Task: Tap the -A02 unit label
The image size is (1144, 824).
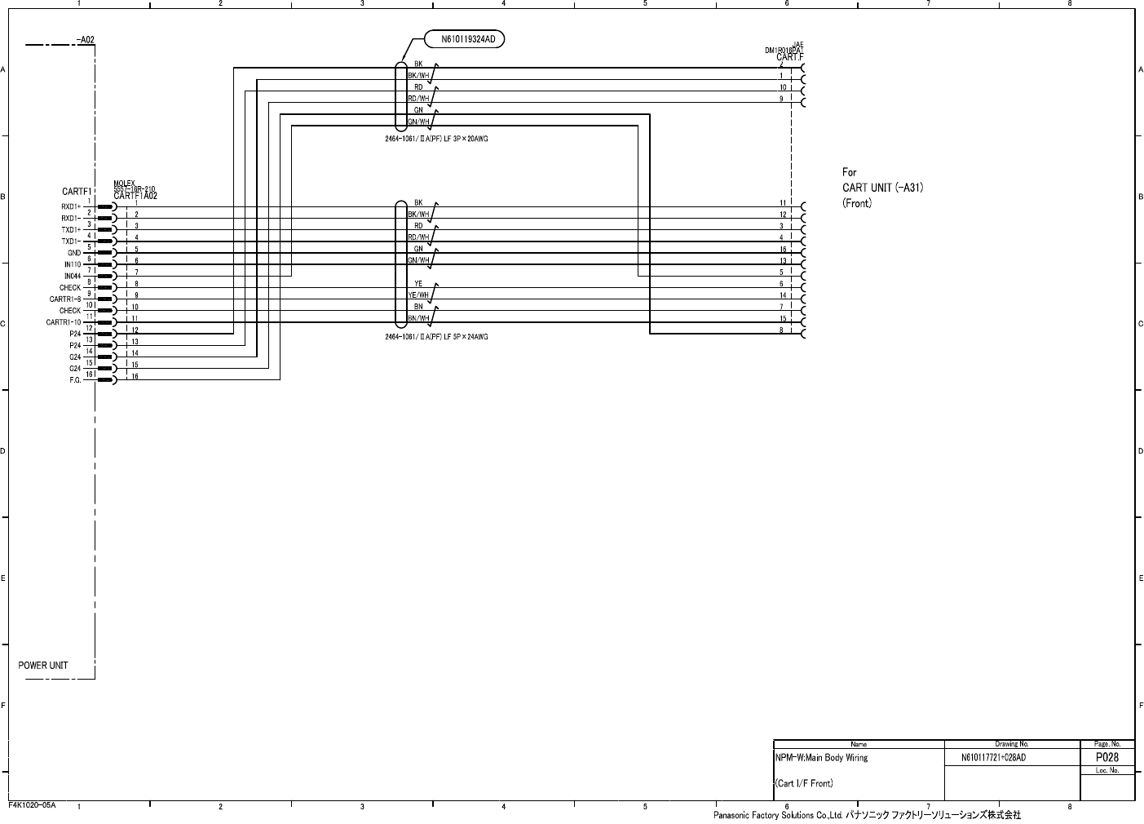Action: (86, 39)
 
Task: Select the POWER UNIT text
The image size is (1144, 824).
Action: (43, 666)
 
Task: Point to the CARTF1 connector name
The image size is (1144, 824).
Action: (76, 193)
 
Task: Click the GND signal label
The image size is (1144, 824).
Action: (74, 253)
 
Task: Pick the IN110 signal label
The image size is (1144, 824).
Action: (73, 264)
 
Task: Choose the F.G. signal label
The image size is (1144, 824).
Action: (74, 380)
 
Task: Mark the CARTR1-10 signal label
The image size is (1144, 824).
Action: (64, 322)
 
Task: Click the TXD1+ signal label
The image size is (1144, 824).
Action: (71, 230)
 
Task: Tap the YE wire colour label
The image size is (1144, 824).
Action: (418, 283)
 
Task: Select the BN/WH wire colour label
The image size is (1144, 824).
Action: (418, 318)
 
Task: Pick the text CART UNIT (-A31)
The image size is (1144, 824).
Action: (882, 188)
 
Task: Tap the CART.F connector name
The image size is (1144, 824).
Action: (789, 57)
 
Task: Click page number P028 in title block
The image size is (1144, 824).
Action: (1106, 757)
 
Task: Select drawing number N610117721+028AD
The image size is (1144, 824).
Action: (993, 758)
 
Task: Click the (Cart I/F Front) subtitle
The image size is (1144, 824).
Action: (804, 784)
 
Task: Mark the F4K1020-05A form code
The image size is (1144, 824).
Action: (32, 804)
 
